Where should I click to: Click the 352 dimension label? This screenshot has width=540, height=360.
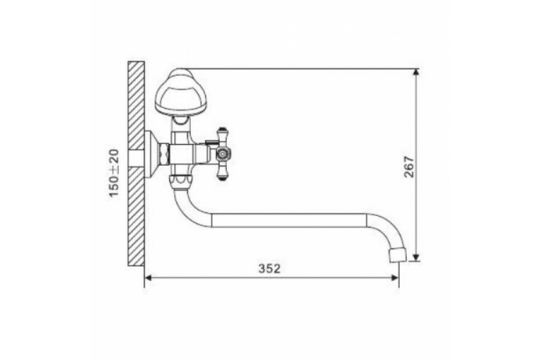(x=270, y=269)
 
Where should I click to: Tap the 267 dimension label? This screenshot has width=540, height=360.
(x=409, y=167)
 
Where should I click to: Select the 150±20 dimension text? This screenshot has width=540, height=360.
(x=114, y=173)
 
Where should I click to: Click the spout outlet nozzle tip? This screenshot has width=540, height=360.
(x=398, y=256)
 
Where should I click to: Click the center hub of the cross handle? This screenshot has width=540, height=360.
(x=223, y=154)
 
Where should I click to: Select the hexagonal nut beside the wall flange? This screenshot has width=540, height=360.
(x=164, y=154)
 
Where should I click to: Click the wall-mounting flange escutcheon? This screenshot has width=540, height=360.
(x=151, y=154)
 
